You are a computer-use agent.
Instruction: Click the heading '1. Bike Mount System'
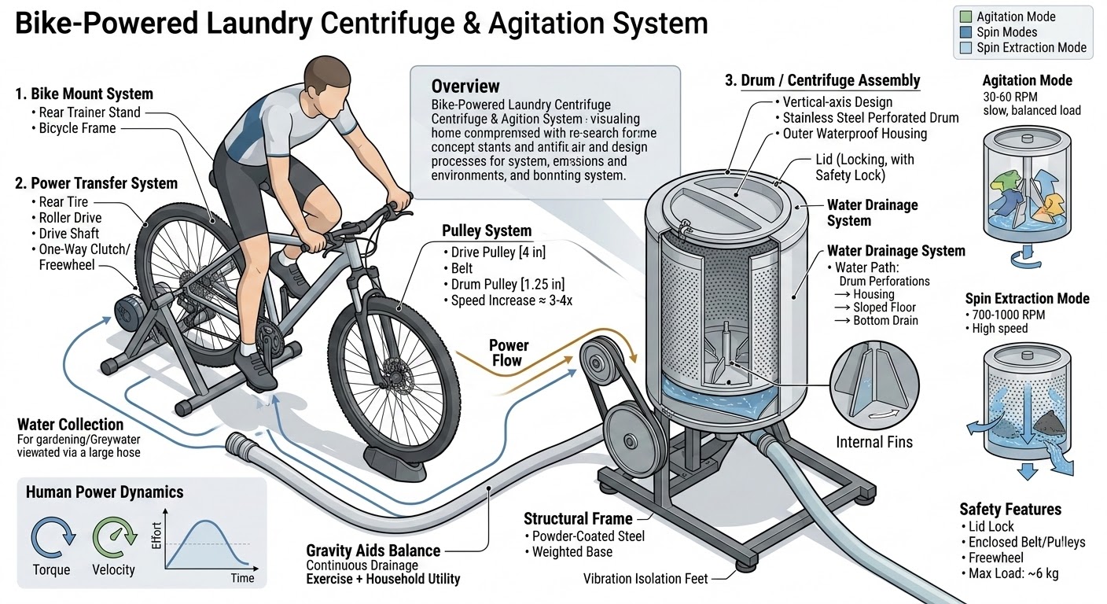(x=84, y=94)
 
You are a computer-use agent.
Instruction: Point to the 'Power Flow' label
(x=509, y=353)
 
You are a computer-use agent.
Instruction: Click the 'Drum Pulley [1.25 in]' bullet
(x=507, y=284)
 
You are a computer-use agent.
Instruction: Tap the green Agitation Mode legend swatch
(x=965, y=17)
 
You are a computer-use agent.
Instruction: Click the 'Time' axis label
(x=243, y=578)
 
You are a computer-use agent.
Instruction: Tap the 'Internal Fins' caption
(x=873, y=442)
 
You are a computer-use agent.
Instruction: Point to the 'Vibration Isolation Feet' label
(x=645, y=579)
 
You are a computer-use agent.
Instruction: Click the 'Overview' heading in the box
(x=465, y=87)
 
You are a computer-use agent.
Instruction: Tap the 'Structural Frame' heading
(x=578, y=518)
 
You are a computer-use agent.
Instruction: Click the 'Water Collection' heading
(x=70, y=425)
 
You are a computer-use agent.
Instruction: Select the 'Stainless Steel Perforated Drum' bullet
(x=870, y=118)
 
